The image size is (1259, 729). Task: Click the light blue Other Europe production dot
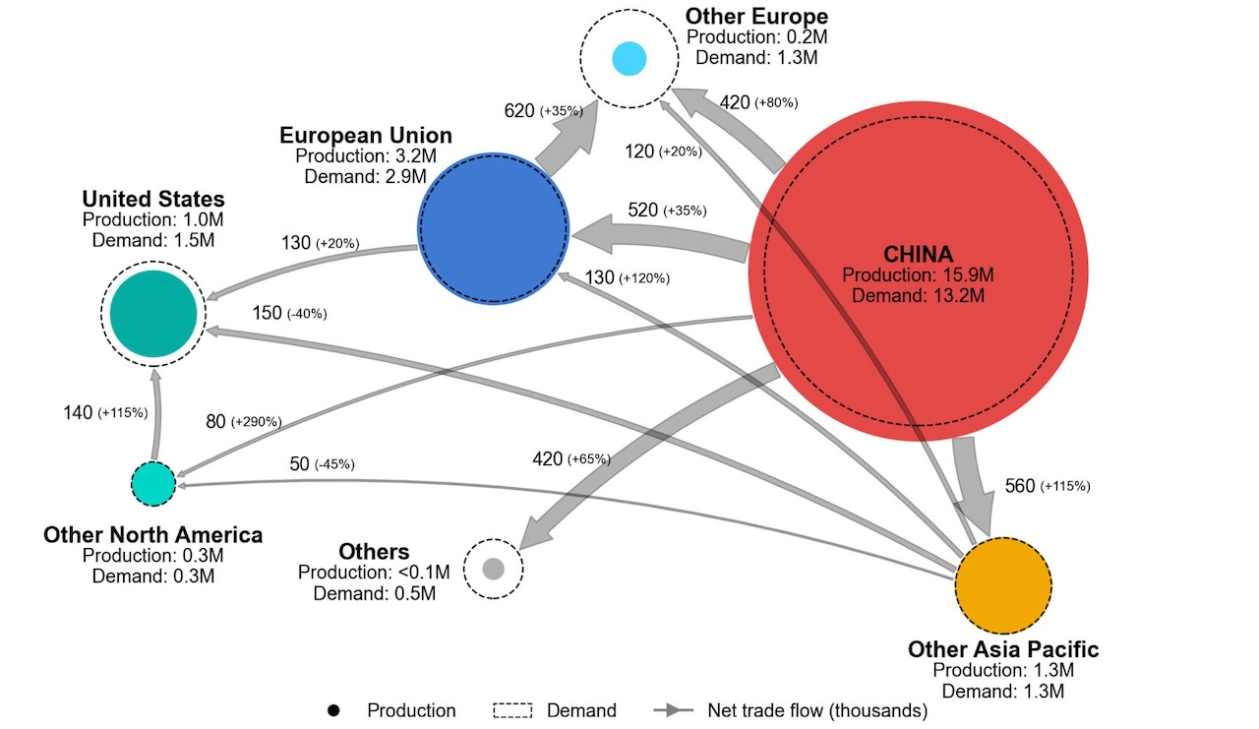pyautogui.click(x=629, y=58)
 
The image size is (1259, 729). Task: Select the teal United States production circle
pyautogui.click(x=153, y=314)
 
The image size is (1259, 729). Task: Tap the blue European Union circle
pyautogui.click(x=494, y=228)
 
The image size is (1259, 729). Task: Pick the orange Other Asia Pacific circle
pyautogui.click(x=1003, y=585)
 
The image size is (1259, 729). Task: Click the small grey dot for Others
pyautogui.click(x=494, y=569)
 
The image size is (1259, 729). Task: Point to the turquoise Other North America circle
pyautogui.click(x=153, y=483)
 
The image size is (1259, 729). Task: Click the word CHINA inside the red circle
pyautogui.click(x=918, y=254)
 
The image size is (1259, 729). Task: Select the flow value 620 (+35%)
pyautogui.click(x=544, y=111)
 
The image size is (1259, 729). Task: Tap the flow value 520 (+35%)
pyautogui.click(x=667, y=211)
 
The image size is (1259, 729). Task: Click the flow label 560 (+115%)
pyautogui.click(x=1048, y=486)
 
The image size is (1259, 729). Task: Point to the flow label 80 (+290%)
pyautogui.click(x=244, y=421)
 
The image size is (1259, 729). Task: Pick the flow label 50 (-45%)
pyautogui.click(x=322, y=463)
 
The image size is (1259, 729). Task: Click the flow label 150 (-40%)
pyautogui.click(x=289, y=313)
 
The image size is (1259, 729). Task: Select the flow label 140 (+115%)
pyautogui.click(x=105, y=412)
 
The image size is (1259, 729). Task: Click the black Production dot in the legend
pyautogui.click(x=333, y=710)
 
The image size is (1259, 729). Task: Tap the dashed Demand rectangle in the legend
pyautogui.click(x=512, y=710)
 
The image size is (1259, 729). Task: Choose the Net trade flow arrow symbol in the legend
pyautogui.click(x=674, y=710)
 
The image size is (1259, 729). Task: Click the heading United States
pyautogui.click(x=153, y=199)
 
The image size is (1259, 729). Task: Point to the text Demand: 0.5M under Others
pyautogui.click(x=375, y=593)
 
